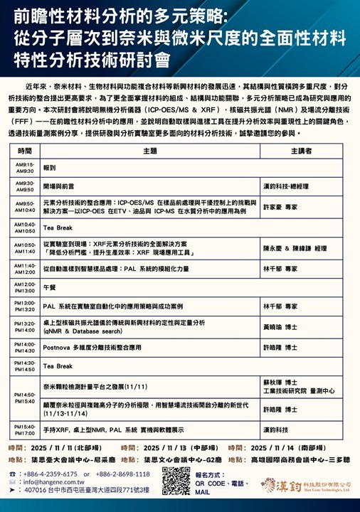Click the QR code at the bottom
point(177,481)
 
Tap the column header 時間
point(25,151)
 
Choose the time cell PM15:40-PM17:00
point(25,430)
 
